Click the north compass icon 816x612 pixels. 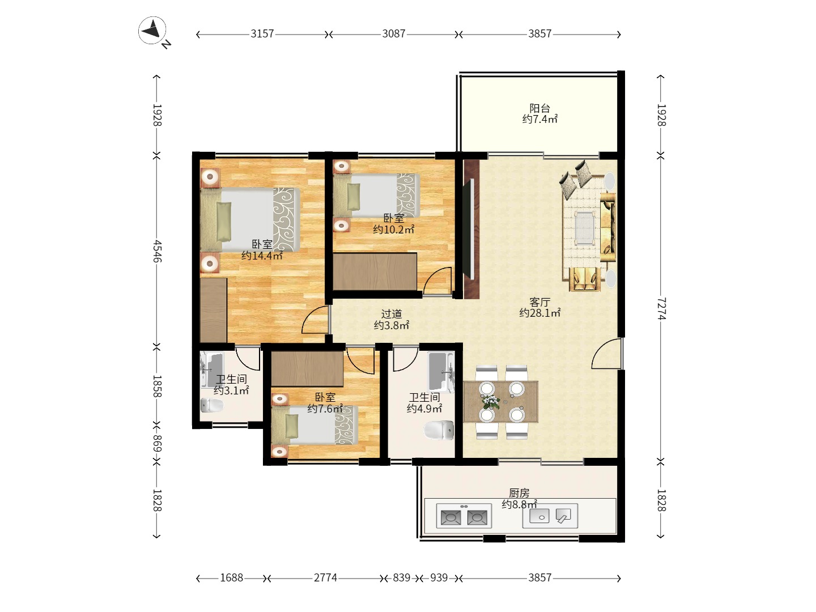point(152,31)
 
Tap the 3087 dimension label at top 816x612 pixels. point(394,34)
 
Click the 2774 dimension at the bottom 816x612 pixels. point(325,577)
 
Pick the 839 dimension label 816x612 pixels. point(402,577)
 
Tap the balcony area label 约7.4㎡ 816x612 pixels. point(540,119)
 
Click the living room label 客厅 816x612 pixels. point(540,301)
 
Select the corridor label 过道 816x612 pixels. point(392,314)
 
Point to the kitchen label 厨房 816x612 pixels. point(519,493)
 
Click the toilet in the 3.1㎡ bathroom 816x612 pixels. point(212,405)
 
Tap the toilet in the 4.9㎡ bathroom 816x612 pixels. point(439,430)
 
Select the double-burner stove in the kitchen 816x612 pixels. point(464,516)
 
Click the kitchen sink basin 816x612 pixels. point(539,516)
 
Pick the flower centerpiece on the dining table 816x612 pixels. point(491,402)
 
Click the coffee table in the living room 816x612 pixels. point(585,228)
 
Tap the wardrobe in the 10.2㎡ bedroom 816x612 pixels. point(375,271)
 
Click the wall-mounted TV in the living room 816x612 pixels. point(468,229)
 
